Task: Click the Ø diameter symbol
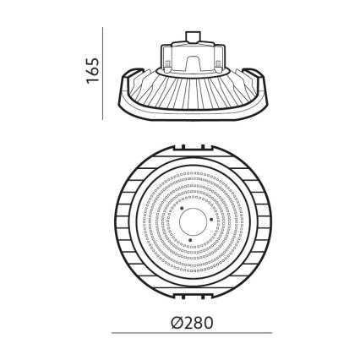[x=174, y=322]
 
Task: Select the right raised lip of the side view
[x=254, y=74]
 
